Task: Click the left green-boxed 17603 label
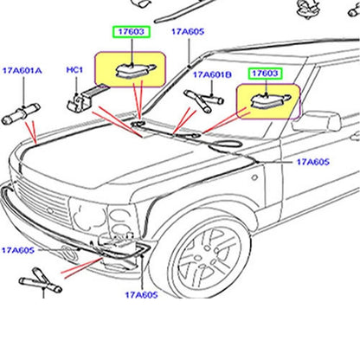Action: coord(132,32)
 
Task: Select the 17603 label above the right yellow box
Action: coord(266,74)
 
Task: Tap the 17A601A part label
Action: coord(22,70)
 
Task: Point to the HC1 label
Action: coord(74,70)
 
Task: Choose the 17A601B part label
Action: coord(212,74)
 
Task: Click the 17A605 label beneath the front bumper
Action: coord(141,295)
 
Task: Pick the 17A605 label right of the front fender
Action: coord(313,162)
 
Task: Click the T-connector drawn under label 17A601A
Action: coord(21,113)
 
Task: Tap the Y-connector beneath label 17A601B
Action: coord(203,100)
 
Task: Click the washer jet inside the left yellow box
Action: coord(136,71)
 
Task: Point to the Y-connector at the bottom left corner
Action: coord(41,280)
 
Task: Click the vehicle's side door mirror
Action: coord(316,122)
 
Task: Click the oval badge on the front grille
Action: coord(51,210)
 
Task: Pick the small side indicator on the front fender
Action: coord(254,177)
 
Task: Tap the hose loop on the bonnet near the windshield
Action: coord(227,144)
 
